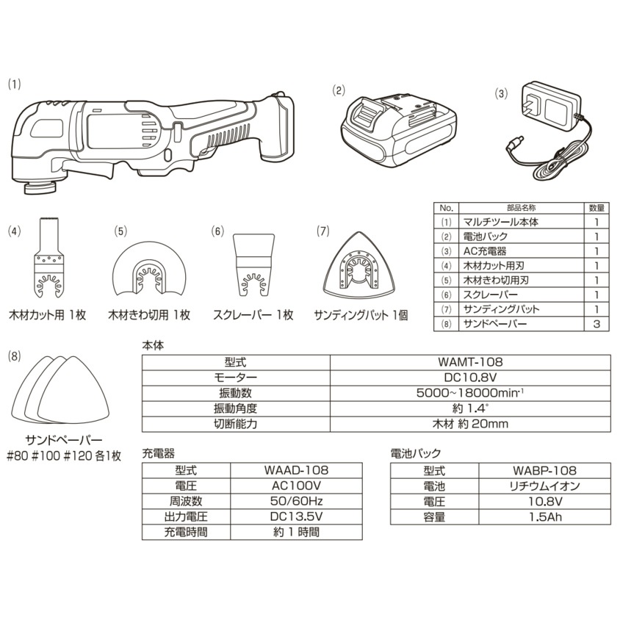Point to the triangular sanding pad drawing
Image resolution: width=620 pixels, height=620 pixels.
coord(358,264)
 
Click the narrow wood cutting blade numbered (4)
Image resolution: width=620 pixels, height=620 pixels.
coord(49,258)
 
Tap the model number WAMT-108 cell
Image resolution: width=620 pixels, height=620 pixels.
coord(470,362)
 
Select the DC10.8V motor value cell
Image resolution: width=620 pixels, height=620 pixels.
coord(470,378)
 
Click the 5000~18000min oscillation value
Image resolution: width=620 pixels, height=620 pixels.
coord(470,392)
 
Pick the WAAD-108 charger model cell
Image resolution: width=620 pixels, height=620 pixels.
coord(296,470)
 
